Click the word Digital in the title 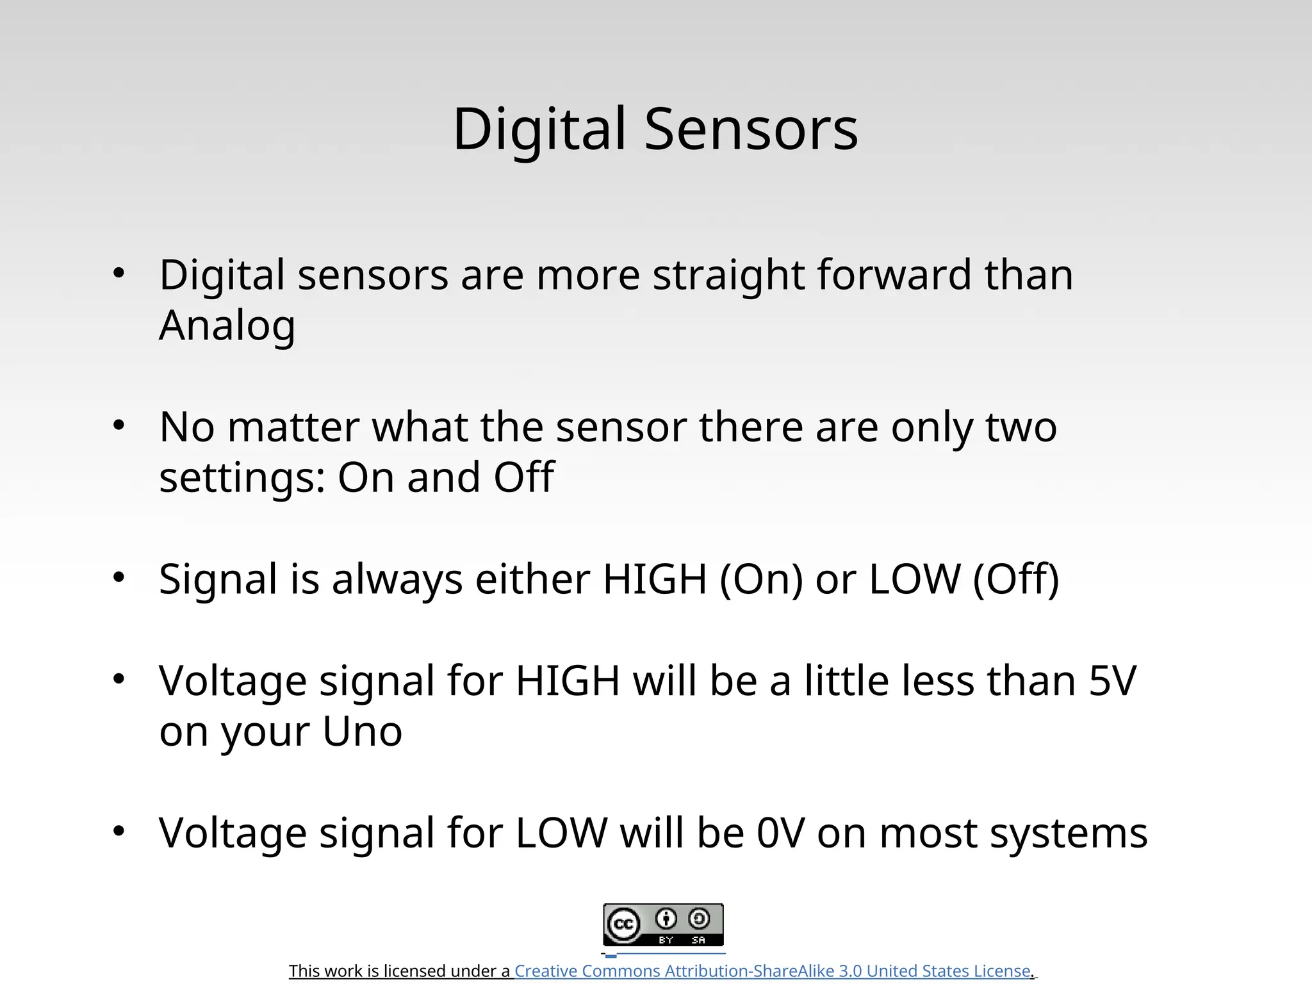pyautogui.click(x=539, y=129)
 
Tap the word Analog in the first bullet pyautogui.click(x=227, y=326)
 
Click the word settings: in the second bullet pyautogui.click(x=242, y=478)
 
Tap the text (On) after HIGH pyautogui.click(x=761, y=579)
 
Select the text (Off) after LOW pyautogui.click(x=1015, y=579)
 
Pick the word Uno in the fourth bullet pyautogui.click(x=362, y=731)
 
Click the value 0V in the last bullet pyautogui.click(x=780, y=833)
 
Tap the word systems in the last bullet pyautogui.click(x=1068, y=834)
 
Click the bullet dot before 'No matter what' pyautogui.click(x=119, y=425)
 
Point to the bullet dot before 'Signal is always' pyautogui.click(x=119, y=577)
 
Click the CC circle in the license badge pyautogui.click(x=623, y=924)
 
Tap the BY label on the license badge pyautogui.click(x=666, y=940)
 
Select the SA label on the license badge pyautogui.click(x=698, y=940)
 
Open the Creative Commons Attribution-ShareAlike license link pyautogui.click(x=772, y=971)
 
